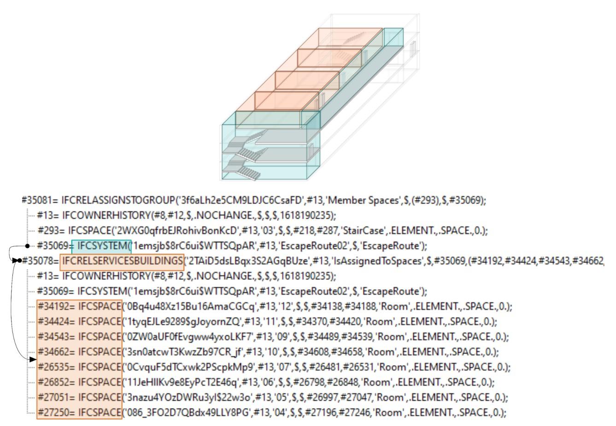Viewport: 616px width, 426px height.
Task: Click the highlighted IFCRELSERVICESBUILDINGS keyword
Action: click(x=122, y=261)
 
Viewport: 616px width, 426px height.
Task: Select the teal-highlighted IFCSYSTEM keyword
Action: click(x=101, y=246)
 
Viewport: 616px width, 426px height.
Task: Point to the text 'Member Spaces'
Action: click(x=354, y=200)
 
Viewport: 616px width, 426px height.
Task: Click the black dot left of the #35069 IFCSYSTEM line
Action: click(x=28, y=246)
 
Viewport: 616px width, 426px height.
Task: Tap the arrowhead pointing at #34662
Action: click(x=32, y=359)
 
